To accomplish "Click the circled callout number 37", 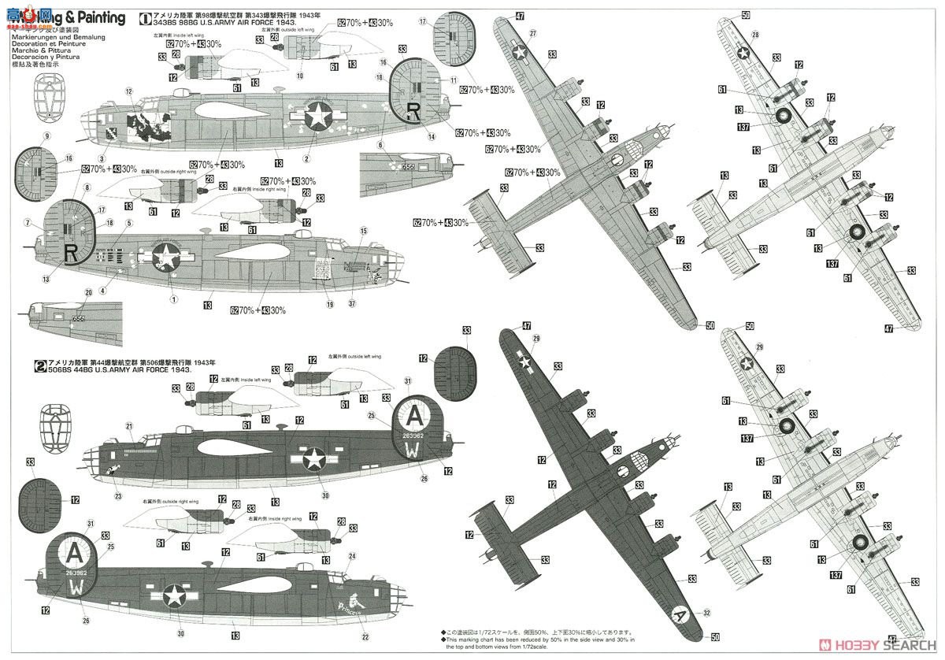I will coord(351,304).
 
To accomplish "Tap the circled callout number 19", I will coord(330,304).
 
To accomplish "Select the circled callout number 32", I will coord(706,612).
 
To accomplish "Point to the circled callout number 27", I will coord(533,32).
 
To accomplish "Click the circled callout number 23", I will coord(119,496).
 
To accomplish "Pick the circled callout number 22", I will coord(365,637).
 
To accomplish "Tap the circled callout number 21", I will coord(128,426).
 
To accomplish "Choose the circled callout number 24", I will coord(352,556).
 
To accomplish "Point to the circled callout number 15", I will coord(364,231).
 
